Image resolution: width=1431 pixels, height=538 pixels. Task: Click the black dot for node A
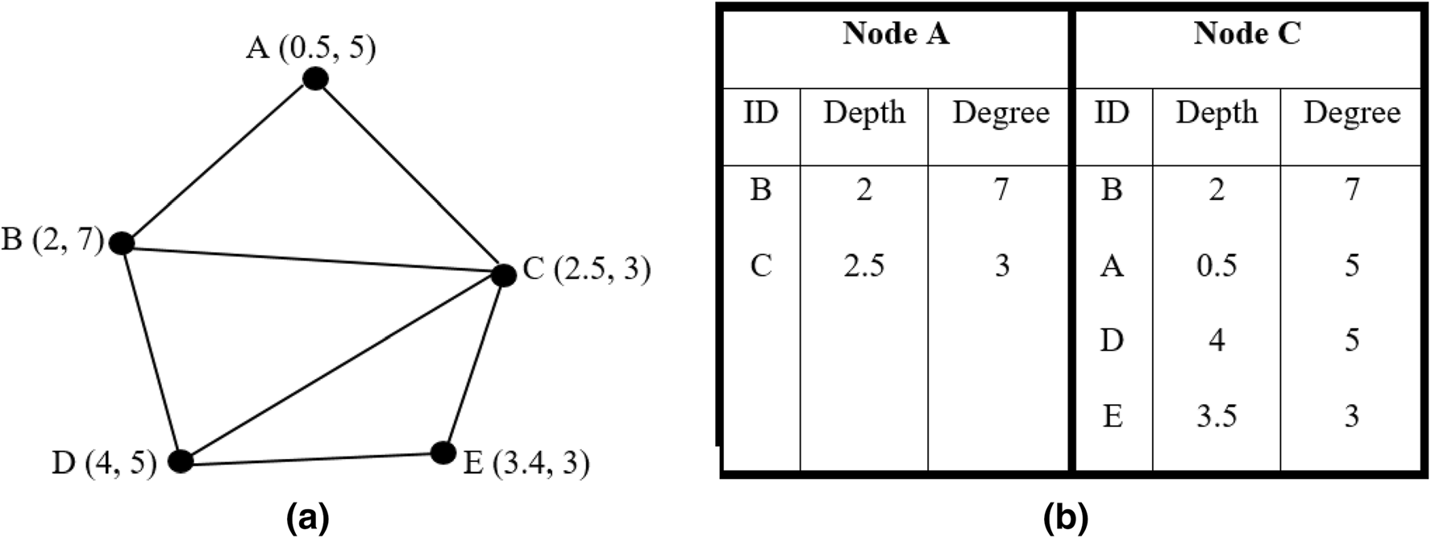(x=314, y=79)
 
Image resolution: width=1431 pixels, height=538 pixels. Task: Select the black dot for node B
(x=121, y=242)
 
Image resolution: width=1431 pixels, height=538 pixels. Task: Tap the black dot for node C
(x=503, y=275)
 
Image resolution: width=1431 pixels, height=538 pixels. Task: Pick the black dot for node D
(x=181, y=461)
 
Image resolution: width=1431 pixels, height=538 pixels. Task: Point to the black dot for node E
(x=443, y=453)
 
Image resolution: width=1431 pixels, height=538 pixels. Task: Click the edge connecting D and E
(x=311, y=457)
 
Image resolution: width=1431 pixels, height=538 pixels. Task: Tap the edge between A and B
(x=218, y=161)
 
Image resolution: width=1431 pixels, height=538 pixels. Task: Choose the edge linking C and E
(x=473, y=364)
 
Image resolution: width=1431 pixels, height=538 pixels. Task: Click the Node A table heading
(x=895, y=34)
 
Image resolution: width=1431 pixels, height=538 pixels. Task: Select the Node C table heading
(x=1246, y=34)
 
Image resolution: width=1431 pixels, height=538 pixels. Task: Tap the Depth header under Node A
(x=863, y=113)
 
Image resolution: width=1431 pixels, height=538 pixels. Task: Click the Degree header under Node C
(x=1351, y=113)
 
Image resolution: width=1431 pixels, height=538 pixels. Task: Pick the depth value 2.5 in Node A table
(x=863, y=265)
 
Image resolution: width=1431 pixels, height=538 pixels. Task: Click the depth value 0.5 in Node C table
(x=1216, y=265)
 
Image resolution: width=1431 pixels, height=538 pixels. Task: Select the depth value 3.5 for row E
(x=1216, y=416)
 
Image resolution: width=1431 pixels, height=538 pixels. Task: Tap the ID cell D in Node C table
(x=1112, y=340)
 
